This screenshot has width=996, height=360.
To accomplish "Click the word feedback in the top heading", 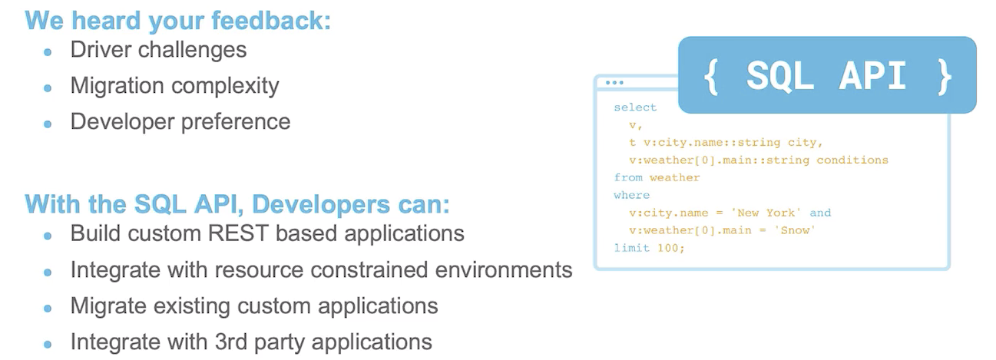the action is (x=271, y=21).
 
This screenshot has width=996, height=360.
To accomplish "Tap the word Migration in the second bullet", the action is (x=117, y=85).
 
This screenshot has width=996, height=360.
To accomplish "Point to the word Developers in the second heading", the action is (x=321, y=204).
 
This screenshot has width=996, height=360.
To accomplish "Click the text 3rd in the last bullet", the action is (x=231, y=342).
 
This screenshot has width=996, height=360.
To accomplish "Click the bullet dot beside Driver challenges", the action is (x=48, y=52).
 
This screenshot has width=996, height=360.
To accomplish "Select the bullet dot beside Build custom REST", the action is (x=48, y=236).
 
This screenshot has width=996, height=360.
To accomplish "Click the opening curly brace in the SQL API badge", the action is (x=711, y=77).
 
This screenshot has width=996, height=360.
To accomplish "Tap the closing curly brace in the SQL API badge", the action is (x=945, y=77).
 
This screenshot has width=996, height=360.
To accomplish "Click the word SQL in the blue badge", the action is (x=780, y=76).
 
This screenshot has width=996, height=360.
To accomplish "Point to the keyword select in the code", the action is (x=635, y=107).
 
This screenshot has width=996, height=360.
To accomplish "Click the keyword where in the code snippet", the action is (x=631, y=195).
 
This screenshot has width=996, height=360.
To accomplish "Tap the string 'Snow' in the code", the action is (x=795, y=230).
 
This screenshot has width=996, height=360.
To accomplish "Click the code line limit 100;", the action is (x=649, y=248).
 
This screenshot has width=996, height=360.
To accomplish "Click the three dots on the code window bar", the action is (x=614, y=83).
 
